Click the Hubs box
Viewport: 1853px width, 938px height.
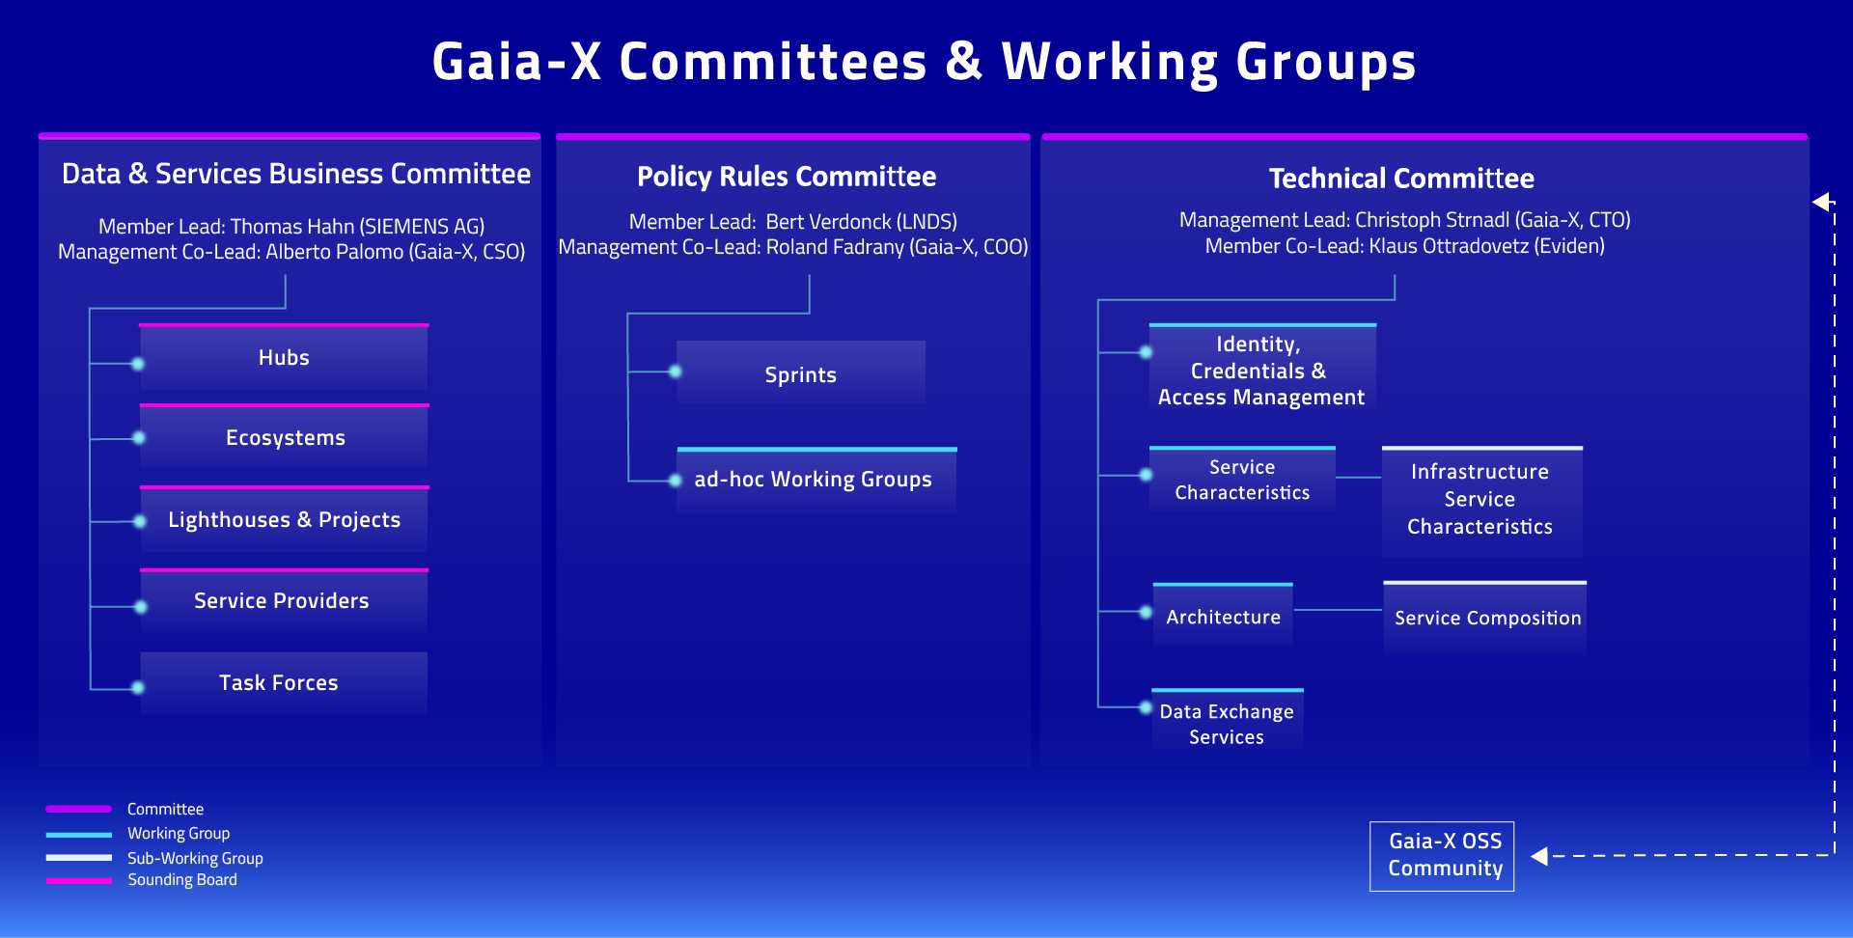pyautogui.click(x=284, y=358)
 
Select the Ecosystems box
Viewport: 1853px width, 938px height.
pyautogui.click(x=284, y=438)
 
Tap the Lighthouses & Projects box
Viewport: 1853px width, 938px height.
pyautogui.click(x=284, y=520)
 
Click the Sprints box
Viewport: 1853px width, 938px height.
pyautogui.click(x=800, y=374)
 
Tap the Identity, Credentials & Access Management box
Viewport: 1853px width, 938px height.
pyautogui.click(x=1261, y=371)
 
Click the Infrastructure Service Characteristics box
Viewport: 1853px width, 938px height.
pyautogui.click(x=1481, y=500)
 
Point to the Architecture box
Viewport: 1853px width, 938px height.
pyautogui.click(x=1223, y=617)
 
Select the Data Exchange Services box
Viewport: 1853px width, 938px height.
pyautogui.click(x=1227, y=723)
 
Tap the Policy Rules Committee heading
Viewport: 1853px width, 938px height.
pyautogui.click(x=787, y=177)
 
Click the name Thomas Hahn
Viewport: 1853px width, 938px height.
pyautogui.click(x=292, y=227)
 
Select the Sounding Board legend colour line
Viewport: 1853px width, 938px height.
pyautogui.click(x=79, y=880)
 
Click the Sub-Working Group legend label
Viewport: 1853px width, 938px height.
pyautogui.click(x=195, y=858)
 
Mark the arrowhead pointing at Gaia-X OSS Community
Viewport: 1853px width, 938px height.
pyautogui.click(x=1539, y=856)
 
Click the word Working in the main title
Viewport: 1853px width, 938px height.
pyautogui.click(x=1110, y=62)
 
